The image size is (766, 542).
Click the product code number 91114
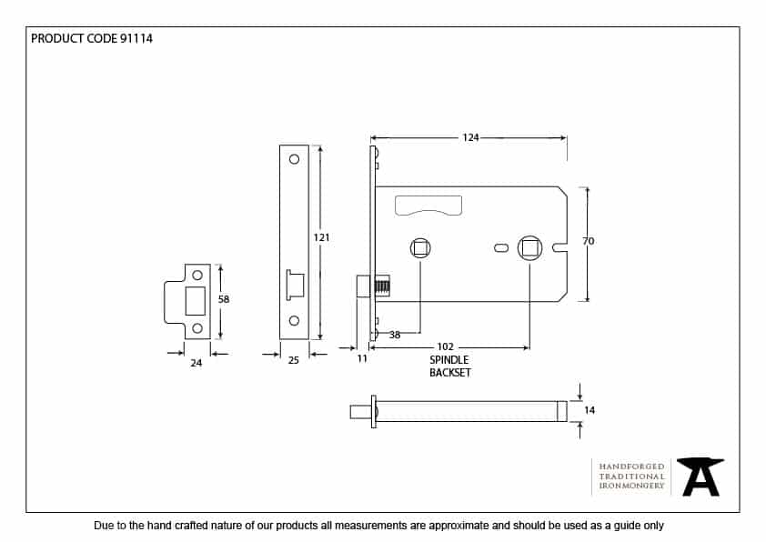coord(136,39)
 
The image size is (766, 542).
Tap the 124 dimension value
coord(470,137)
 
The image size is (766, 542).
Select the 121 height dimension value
coord(321,237)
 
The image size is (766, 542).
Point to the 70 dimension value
coord(588,241)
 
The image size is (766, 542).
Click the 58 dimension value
coord(224,298)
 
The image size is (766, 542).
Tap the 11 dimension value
coord(361,359)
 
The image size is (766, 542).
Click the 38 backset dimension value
coord(395,335)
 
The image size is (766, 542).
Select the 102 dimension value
coord(446,347)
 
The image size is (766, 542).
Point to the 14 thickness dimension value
coord(590,411)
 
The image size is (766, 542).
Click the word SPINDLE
coord(449,360)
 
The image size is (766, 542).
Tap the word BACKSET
coord(450,373)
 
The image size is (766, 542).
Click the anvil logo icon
coord(700,476)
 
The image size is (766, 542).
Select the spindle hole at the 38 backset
coord(420,248)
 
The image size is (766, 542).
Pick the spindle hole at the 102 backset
coord(529,248)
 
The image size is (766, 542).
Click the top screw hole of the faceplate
coord(294,160)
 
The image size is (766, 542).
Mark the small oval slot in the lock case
coord(500,248)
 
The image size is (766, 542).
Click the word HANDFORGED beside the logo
coord(631,466)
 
